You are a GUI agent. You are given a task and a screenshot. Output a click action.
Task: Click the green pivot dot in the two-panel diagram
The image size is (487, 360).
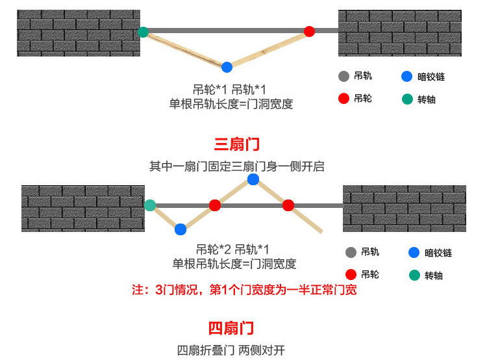[143, 31]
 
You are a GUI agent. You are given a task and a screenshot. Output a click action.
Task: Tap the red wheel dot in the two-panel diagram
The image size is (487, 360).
[309, 31]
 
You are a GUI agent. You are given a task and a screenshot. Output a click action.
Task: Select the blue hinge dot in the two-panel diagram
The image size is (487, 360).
[227, 67]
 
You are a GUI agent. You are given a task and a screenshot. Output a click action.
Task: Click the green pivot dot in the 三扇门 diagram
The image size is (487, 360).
[150, 205]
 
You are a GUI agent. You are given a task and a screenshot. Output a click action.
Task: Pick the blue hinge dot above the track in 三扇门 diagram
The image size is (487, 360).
[253, 179]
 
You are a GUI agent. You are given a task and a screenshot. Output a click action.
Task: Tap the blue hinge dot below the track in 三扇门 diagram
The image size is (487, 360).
[181, 229]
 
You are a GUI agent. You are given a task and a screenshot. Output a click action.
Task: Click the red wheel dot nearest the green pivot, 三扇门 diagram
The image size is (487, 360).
[215, 205]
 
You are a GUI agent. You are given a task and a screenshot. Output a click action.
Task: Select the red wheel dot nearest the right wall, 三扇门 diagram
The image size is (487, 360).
[288, 205]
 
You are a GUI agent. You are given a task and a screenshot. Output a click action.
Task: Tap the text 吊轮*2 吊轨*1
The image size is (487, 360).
[233, 250]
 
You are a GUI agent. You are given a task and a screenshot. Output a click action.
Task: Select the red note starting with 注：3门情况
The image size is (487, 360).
[244, 290]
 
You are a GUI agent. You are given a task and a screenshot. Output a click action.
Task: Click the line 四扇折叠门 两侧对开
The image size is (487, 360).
[231, 350]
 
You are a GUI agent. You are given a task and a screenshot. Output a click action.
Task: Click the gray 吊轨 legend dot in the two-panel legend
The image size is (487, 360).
[344, 76]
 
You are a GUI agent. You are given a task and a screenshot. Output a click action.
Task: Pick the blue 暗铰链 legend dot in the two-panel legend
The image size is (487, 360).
[406, 77]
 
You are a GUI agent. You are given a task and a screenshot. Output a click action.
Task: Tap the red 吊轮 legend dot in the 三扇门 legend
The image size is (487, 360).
[351, 274]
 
